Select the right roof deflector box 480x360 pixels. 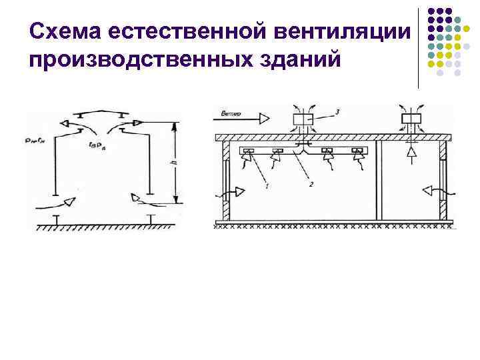[410, 121]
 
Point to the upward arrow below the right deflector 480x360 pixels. [410, 153]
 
